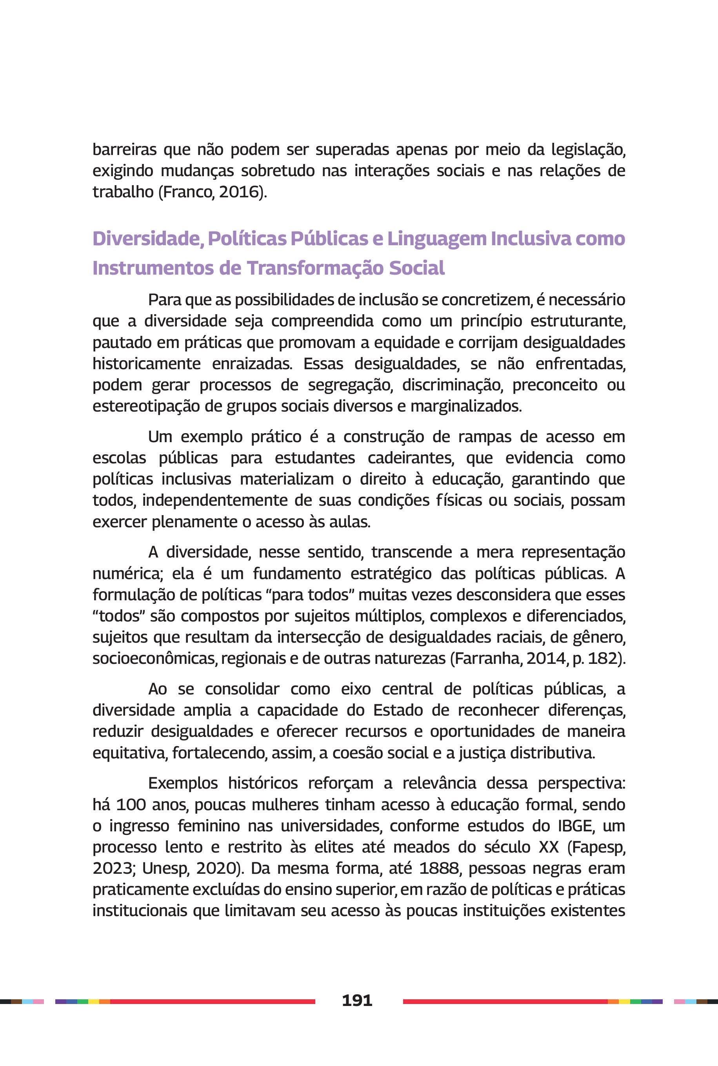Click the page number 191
pos(357,1000)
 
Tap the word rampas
pos(485,437)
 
